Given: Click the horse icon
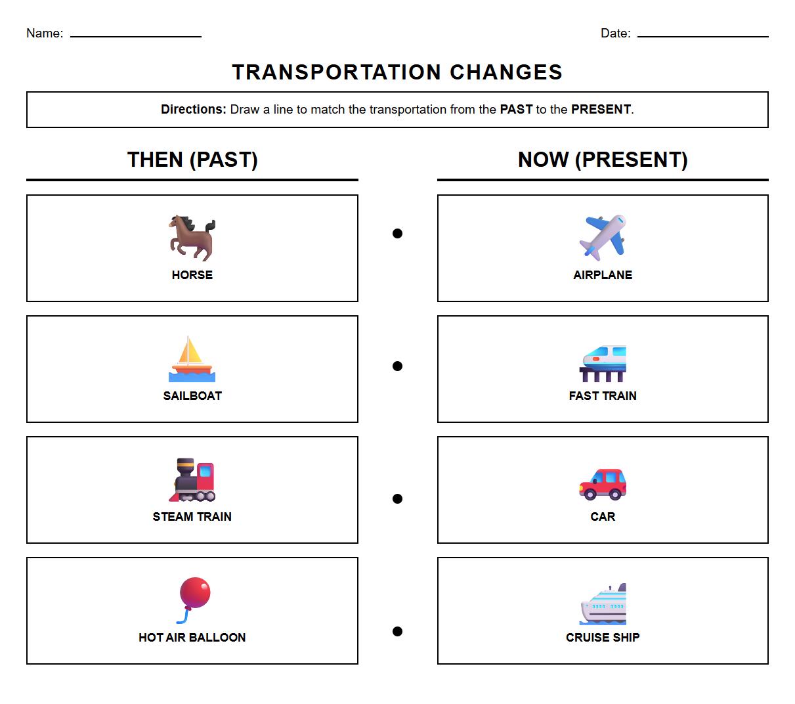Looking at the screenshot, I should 192,237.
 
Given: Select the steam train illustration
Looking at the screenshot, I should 192,479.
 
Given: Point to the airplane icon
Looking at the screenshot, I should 603,237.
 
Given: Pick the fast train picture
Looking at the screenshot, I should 603,363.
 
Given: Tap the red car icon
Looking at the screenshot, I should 603,484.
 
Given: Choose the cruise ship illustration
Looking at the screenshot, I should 603,604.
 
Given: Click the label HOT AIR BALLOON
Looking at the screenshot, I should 192,637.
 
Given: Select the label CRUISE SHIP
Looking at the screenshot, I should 603,637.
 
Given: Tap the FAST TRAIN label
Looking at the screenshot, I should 603,395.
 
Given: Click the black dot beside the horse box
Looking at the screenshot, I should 397,233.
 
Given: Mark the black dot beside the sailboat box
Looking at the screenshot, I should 397,366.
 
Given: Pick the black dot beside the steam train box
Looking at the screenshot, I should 397,498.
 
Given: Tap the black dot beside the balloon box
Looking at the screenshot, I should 397,631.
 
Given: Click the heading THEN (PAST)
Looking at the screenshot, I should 192,160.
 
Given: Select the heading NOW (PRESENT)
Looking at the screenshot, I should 603,160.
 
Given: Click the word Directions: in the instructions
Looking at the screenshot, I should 194,110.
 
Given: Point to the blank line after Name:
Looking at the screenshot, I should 136,35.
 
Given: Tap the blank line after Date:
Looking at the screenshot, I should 702,35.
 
